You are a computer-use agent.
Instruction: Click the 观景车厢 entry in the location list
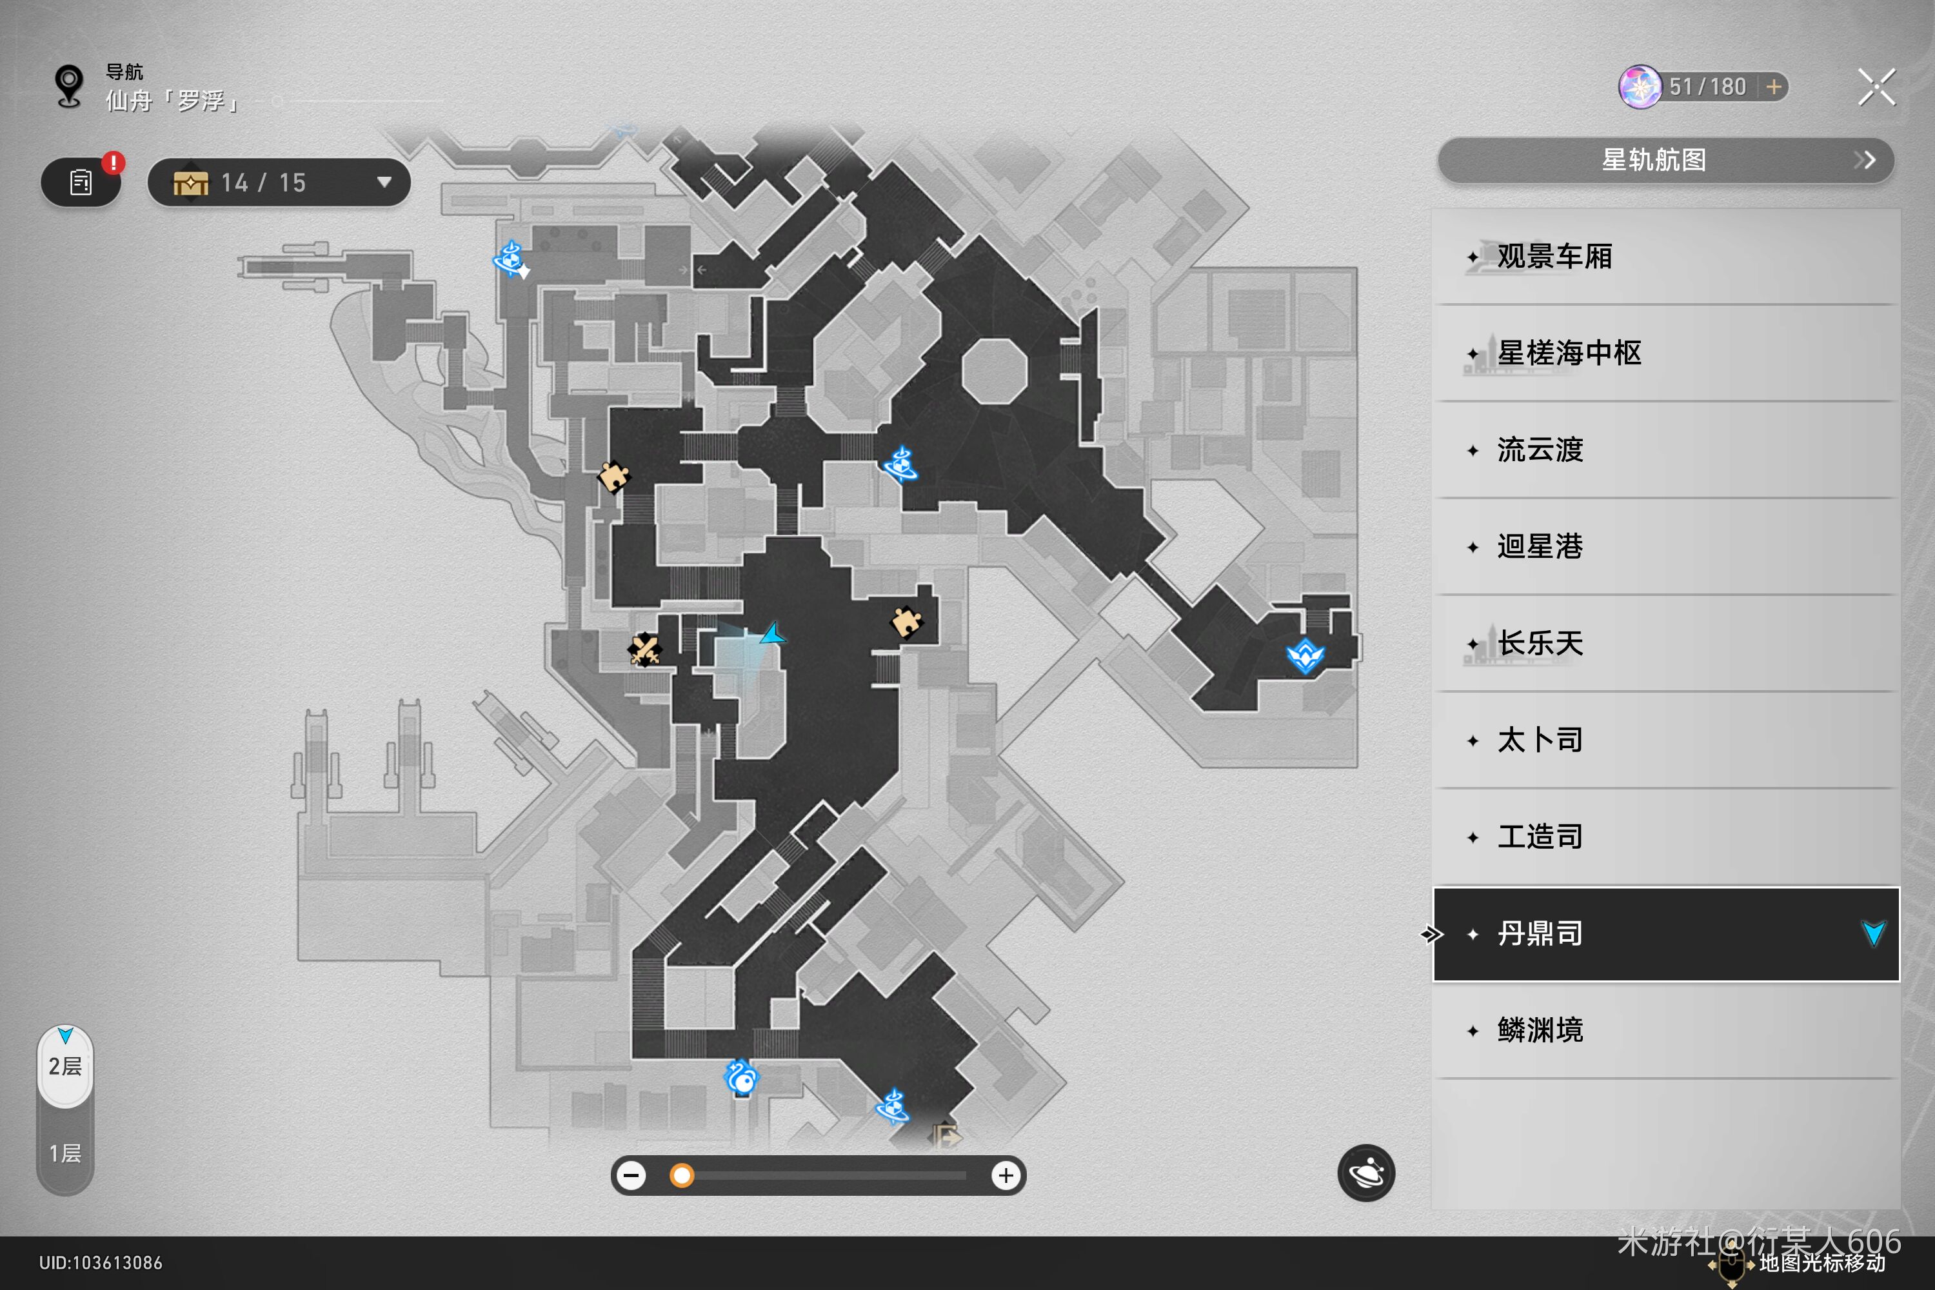click(1553, 257)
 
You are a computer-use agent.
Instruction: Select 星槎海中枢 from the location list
click(1568, 353)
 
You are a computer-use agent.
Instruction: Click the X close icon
click(1876, 87)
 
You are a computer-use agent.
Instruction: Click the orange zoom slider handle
click(681, 1176)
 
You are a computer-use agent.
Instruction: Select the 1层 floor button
click(65, 1153)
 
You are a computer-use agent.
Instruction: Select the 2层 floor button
click(65, 1066)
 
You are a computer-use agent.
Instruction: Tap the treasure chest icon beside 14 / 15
click(191, 183)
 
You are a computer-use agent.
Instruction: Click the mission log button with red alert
click(81, 182)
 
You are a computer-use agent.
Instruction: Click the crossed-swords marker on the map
click(644, 650)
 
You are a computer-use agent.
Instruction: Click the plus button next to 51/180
click(1774, 87)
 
